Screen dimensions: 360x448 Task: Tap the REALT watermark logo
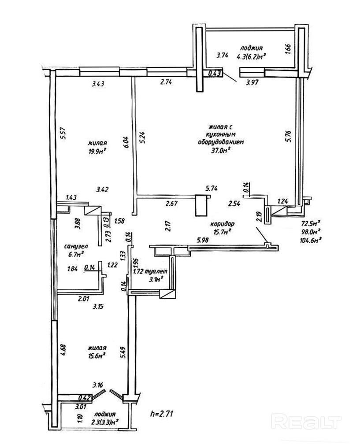point(307,422)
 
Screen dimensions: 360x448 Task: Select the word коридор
point(222,223)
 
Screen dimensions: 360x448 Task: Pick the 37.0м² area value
point(222,150)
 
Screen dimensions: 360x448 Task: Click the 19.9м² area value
point(97,152)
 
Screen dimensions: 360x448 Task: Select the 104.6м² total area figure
point(311,240)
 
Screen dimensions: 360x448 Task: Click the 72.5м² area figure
point(311,223)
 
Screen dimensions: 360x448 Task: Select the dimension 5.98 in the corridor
point(203,240)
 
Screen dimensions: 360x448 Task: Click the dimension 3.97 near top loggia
point(253,82)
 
